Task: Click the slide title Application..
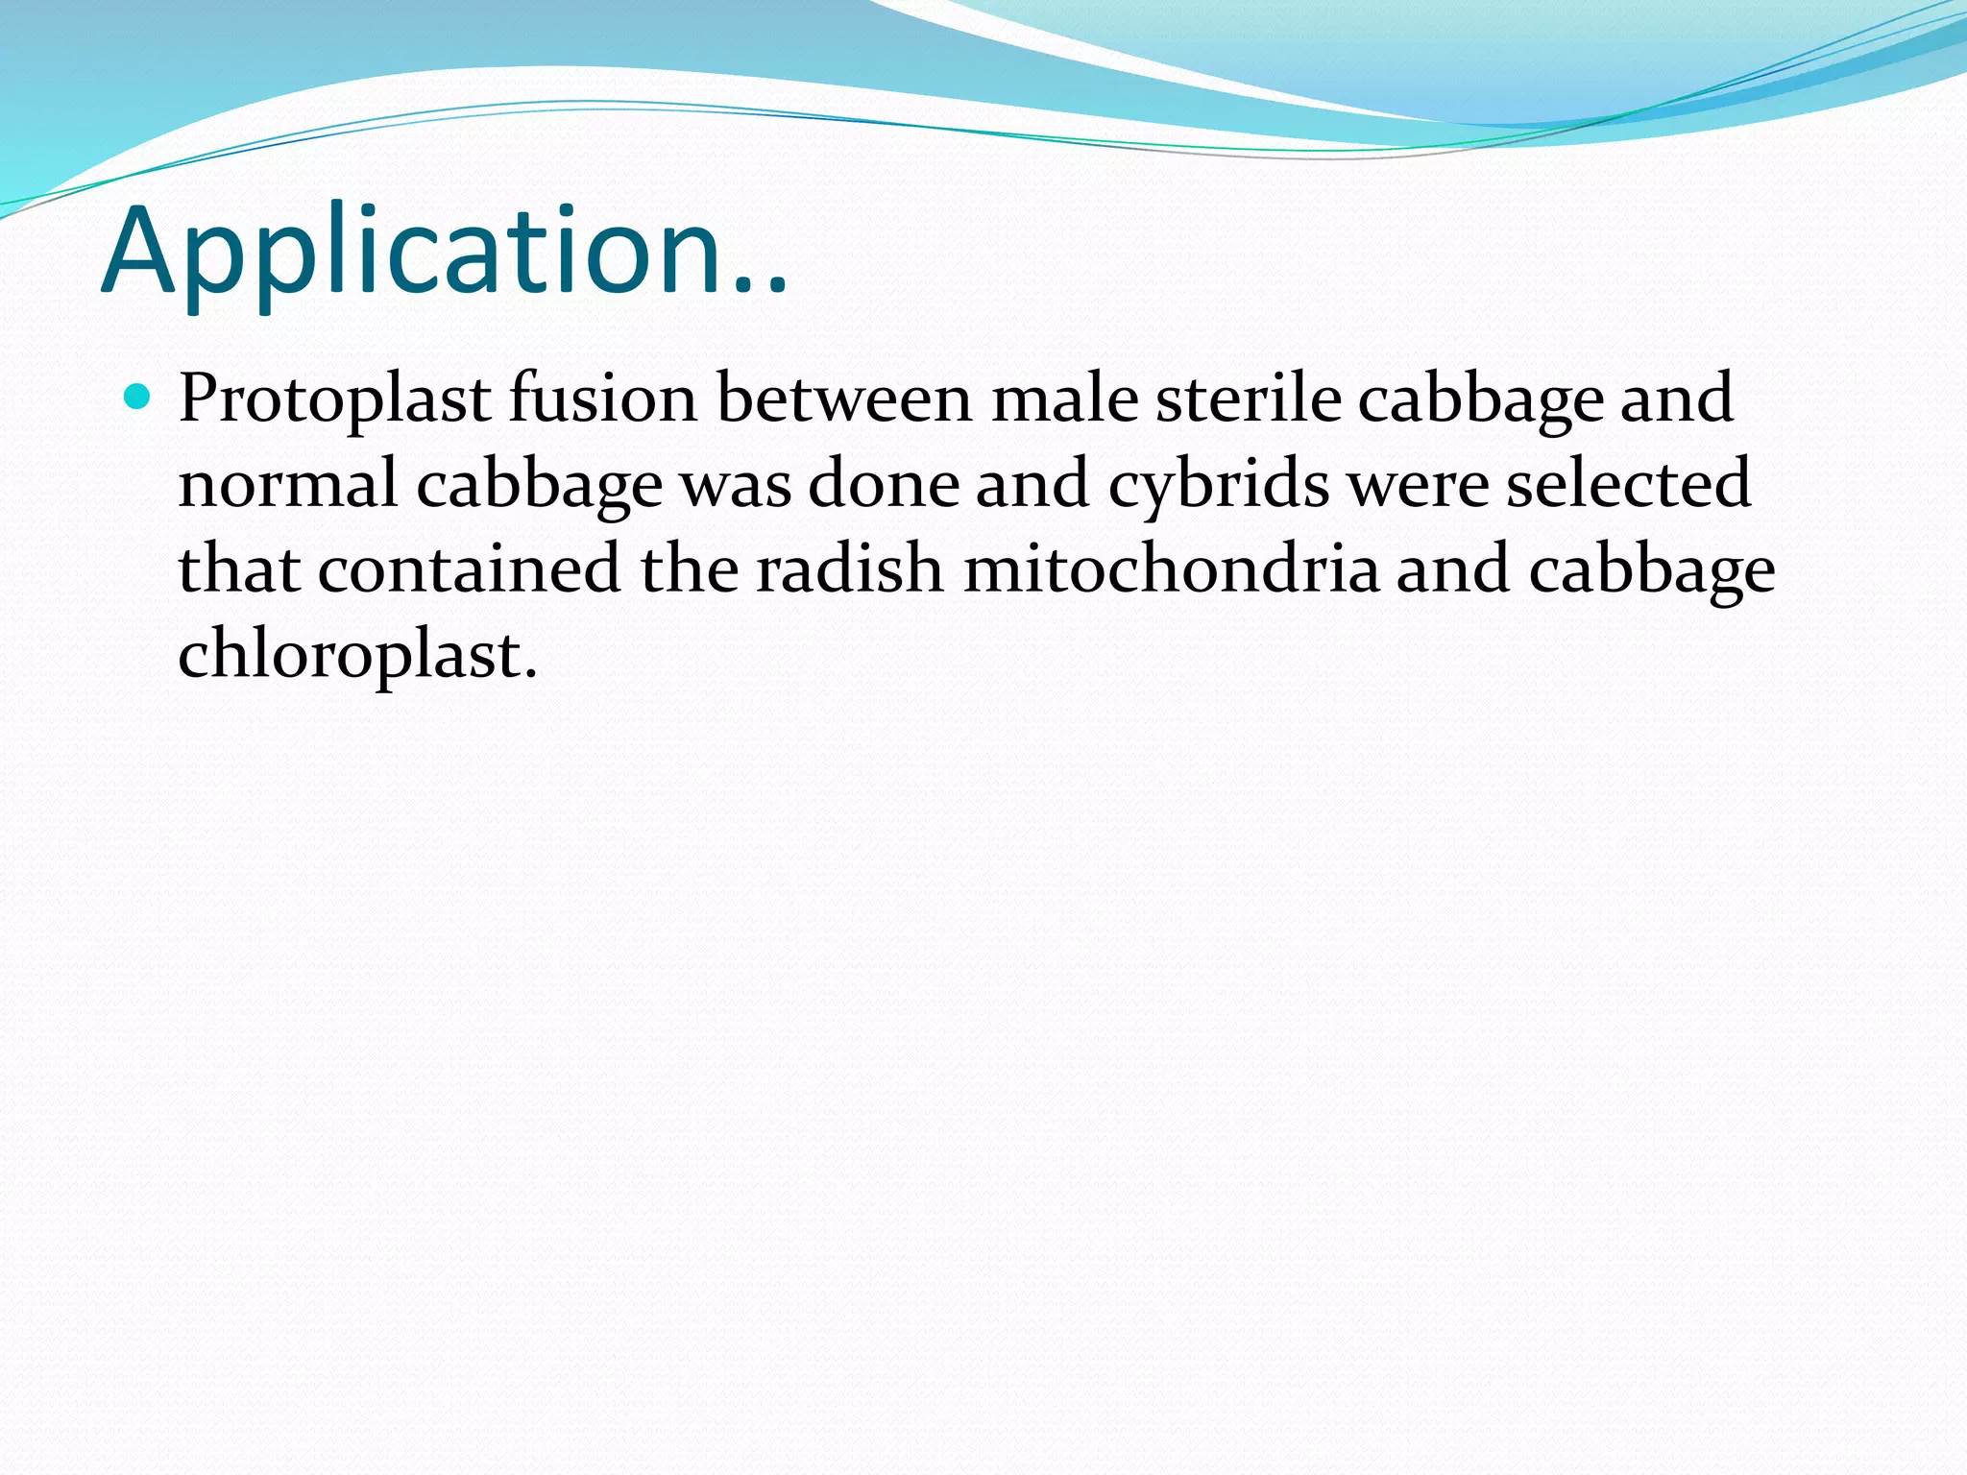444,252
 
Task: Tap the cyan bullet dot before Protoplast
138,397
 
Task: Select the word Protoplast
333,399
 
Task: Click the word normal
287,483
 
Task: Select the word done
883,483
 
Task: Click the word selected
1628,483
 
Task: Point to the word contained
469,568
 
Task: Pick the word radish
849,568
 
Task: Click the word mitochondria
1171,568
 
